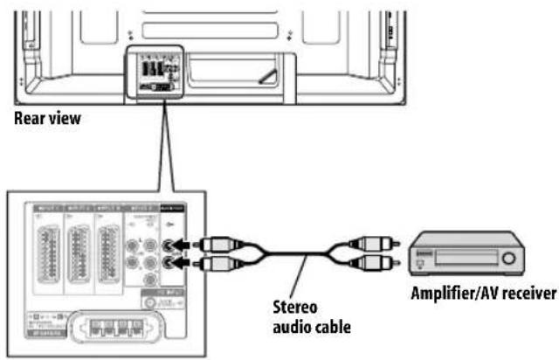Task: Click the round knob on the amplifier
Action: coord(507,258)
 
